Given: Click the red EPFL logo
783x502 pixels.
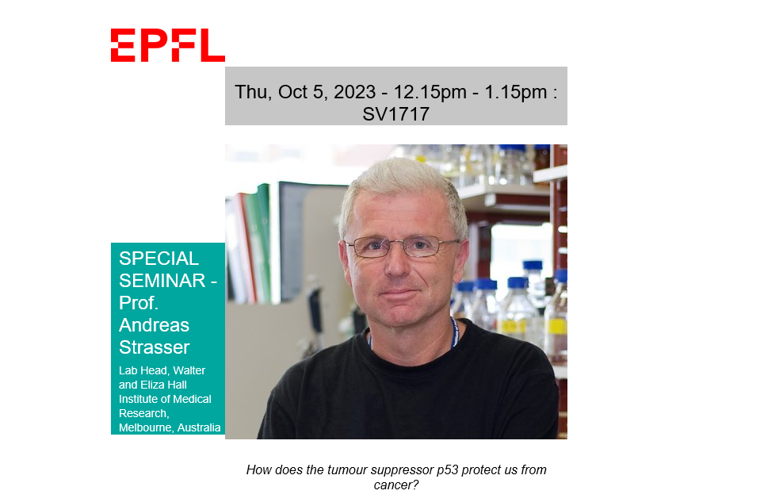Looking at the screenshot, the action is [x=168, y=45].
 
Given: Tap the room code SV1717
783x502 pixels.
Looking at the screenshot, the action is [x=396, y=114].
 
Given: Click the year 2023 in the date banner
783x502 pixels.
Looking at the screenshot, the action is [x=354, y=93].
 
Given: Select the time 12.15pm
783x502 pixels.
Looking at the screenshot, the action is [x=430, y=93].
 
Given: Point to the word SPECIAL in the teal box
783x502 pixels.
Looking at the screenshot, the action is [x=159, y=259].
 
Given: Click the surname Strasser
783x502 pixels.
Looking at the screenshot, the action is [x=155, y=347].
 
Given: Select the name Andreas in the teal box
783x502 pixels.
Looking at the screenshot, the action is [x=154, y=325].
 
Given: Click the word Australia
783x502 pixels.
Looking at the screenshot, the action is [x=199, y=427].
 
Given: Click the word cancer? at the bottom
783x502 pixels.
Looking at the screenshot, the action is [x=396, y=485].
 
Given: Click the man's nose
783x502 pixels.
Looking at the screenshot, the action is [x=398, y=265].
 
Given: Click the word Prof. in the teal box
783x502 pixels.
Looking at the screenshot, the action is [x=139, y=303].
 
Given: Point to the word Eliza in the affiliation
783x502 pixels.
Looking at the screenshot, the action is [x=152, y=385].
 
